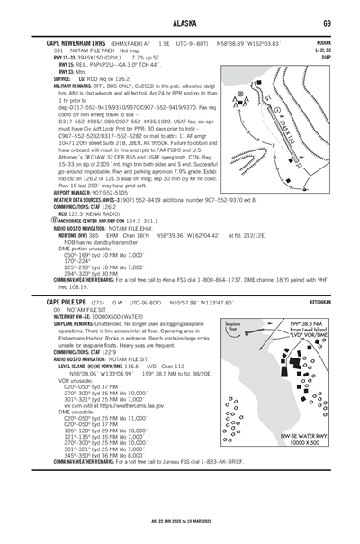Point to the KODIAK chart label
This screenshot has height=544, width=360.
click(x=321, y=41)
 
